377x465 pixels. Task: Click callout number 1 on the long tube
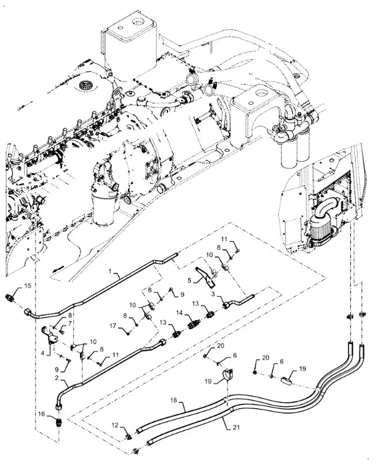click(110, 271)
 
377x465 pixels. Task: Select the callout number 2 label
click(57, 378)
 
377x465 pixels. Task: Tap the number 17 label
click(113, 326)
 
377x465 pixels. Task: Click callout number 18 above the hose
click(173, 400)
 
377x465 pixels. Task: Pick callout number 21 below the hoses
click(236, 428)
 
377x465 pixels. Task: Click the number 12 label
click(115, 425)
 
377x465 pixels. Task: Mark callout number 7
click(70, 323)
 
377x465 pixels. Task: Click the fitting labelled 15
click(10, 297)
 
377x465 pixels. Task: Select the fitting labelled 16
click(59, 422)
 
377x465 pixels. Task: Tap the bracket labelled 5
click(206, 277)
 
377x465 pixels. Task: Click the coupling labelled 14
click(194, 323)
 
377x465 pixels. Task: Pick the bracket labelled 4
click(49, 335)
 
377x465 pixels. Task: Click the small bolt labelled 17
click(127, 334)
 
